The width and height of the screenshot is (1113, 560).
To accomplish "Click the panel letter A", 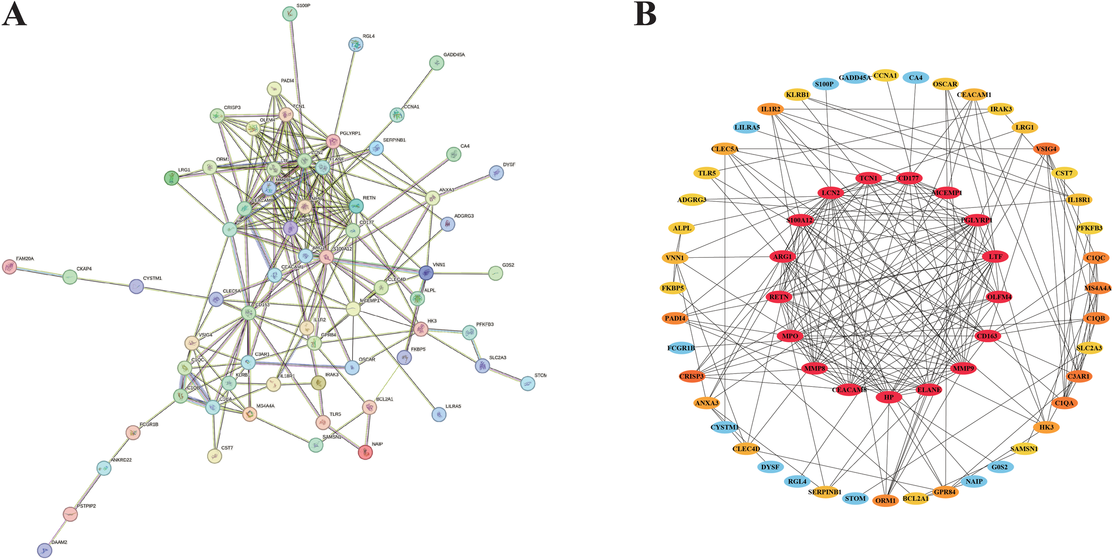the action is (x=14, y=14).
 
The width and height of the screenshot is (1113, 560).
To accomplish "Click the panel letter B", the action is (x=645, y=14).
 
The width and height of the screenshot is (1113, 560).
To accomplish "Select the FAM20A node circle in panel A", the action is (x=9, y=267).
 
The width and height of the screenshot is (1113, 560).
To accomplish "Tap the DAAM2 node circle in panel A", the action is (x=45, y=550).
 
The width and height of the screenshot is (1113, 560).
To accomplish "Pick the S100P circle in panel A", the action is (x=290, y=14).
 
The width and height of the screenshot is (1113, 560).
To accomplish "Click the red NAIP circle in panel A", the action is (x=365, y=452).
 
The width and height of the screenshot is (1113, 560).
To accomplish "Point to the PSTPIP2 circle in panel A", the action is (x=70, y=514).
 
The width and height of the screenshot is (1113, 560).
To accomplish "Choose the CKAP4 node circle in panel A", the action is (x=69, y=277).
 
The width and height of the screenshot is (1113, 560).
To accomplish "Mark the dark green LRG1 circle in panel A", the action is (x=171, y=178).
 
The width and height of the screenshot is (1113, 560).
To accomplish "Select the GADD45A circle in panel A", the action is (x=437, y=63).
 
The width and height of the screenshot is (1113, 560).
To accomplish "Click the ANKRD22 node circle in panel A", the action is (x=104, y=468).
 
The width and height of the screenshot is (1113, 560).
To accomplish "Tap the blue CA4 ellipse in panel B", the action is (x=915, y=78).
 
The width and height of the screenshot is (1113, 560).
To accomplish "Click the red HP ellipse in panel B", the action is (x=889, y=397).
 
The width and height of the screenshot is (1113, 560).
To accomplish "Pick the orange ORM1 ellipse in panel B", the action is (x=885, y=501).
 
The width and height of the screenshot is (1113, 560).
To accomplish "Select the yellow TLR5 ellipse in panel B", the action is (x=707, y=173).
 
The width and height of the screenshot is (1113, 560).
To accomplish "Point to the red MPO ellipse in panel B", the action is (x=790, y=336).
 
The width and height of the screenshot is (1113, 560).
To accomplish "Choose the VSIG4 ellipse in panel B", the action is (x=1046, y=149).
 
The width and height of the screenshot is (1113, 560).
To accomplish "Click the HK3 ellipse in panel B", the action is (x=1046, y=427).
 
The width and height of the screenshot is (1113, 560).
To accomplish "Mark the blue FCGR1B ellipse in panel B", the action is (x=681, y=348).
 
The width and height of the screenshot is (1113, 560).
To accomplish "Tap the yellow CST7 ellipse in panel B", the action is (x=1064, y=173).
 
